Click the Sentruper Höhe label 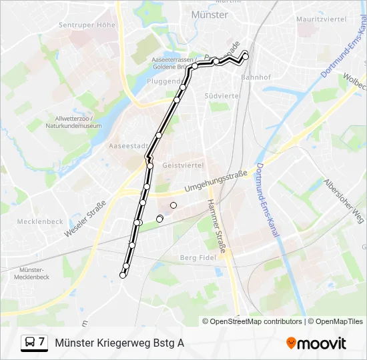(87, 25)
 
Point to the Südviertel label (223, 95)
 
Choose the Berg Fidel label (199, 257)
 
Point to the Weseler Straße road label (85, 219)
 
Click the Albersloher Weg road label (344, 201)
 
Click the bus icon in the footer (30, 343)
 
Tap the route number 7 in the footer (42, 343)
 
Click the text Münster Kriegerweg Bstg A (119, 343)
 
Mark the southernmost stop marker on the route (123, 275)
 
